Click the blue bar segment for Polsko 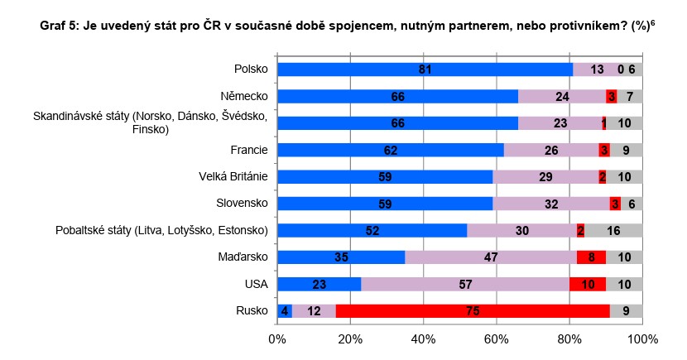425,70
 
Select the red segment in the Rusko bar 473,311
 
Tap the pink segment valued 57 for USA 465,284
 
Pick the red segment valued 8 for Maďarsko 591,257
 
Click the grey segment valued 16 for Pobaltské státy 613,230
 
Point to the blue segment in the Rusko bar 285,311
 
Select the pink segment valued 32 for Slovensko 551,204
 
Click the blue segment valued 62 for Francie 391,150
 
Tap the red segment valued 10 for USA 588,284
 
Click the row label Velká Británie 233,177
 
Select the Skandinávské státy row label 150,123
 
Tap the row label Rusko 252,311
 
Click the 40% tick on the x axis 423,338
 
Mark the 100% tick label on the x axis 642,338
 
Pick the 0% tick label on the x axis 277,338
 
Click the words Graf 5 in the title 60,26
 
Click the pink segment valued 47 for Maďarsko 491,257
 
